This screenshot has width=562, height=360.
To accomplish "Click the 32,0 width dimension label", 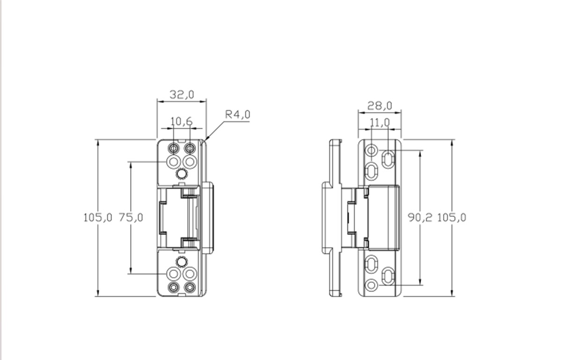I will (x=182, y=95).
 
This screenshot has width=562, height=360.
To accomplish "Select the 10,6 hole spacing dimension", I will (x=181, y=122).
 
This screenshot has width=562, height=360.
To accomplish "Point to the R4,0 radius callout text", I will (x=237, y=114).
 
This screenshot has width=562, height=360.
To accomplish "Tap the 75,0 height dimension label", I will (x=131, y=217).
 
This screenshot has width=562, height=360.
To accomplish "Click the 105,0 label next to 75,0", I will (x=98, y=217).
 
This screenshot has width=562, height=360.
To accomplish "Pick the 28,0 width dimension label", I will (x=379, y=106).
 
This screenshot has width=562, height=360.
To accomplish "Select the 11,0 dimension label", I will (x=379, y=123).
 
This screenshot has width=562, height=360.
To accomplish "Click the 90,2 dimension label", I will (x=420, y=217).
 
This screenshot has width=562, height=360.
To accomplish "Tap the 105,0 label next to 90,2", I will (x=451, y=217).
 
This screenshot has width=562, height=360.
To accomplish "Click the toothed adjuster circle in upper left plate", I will (x=181, y=174).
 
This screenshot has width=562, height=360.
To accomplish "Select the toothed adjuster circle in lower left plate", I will (x=181, y=261).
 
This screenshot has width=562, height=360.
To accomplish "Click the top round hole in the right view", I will (x=371, y=150).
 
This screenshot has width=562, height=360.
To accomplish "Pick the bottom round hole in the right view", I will (x=371, y=284).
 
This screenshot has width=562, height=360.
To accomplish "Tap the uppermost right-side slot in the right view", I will (x=388, y=159).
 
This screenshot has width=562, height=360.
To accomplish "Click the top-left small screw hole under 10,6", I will (x=173, y=149).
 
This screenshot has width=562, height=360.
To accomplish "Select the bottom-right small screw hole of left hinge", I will (x=189, y=287).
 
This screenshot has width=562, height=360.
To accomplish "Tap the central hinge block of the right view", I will (x=383, y=217).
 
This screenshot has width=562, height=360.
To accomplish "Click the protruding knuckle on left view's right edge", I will (x=207, y=218).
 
